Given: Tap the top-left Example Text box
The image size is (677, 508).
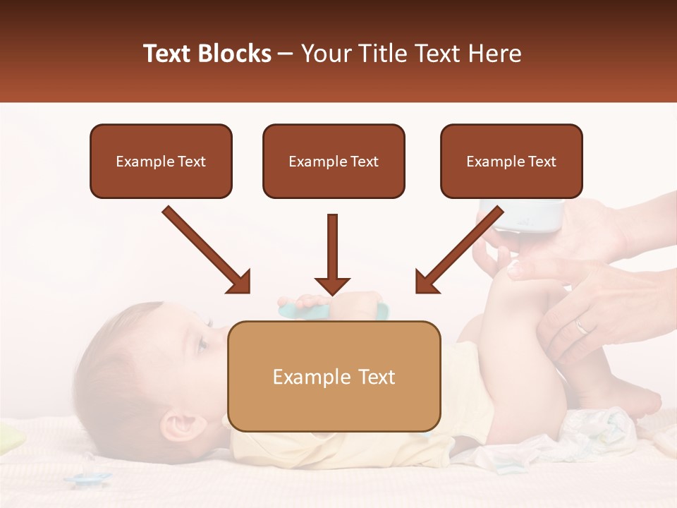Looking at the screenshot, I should pyautogui.click(x=161, y=162).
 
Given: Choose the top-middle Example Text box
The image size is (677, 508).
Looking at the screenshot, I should pyautogui.click(x=334, y=162).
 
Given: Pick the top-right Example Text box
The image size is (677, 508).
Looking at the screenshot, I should pyautogui.click(x=511, y=162).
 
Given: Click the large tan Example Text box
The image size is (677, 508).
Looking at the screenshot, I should pyautogui.click(x=334, y=376).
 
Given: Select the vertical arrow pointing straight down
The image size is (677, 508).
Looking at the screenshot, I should pyautogui.click(x=332, y=254).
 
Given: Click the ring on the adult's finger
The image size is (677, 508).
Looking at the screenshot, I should pyautogui.click(x=581, y=325).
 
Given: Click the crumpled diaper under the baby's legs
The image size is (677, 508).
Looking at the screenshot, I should pyautogui.click(x=599, y=430).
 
